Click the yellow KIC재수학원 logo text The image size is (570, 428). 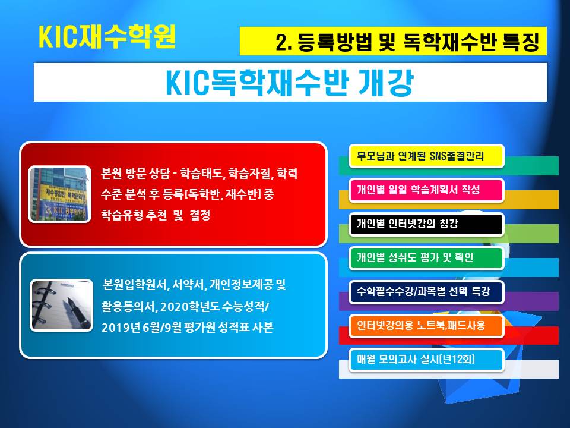(x=107, y=37)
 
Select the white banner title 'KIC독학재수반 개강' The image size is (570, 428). (x=290, y=83)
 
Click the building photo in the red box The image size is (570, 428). (x=59, y=194)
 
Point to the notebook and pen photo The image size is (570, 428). (x=61, y=305)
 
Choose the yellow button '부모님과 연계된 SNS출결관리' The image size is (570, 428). (x=426, y=156)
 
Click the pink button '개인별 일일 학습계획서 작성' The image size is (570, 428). (x=426, y=190)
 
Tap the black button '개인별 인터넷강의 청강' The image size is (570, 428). (x=426, y=224)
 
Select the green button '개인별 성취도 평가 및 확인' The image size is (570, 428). (x=426, y=258)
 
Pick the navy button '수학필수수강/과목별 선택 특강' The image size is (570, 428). (x=426, y=292)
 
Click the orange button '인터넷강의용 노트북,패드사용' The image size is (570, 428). (x=426, y=326)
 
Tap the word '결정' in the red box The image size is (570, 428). (x=200, y=215)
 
